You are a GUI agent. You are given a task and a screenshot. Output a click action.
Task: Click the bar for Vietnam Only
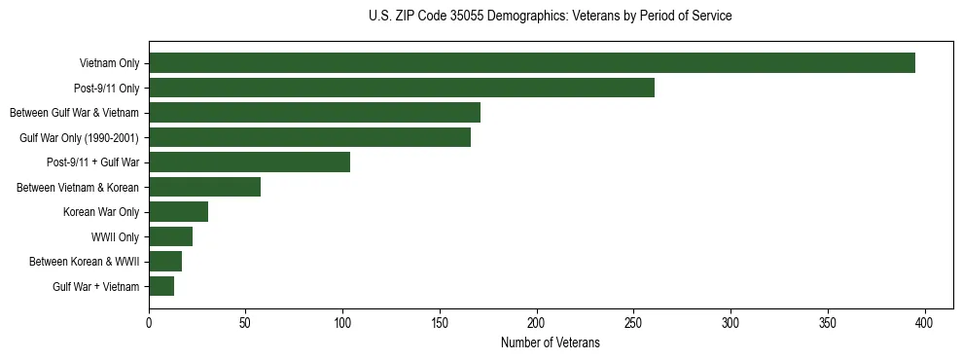tap(532, 63)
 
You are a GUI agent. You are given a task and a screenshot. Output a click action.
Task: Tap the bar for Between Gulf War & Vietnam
tap(314, 113)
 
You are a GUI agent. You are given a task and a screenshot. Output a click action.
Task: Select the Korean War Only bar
tap(178, 212)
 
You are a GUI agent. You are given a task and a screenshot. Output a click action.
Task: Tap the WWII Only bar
tap(170, 236)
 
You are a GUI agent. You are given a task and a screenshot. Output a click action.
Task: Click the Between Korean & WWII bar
tap(165, 261)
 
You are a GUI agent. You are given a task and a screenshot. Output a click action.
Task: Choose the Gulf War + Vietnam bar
tap(161, 286)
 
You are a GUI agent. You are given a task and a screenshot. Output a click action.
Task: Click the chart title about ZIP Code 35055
tap(550, 17)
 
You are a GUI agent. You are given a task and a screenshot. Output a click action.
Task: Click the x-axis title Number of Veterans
tap(550, 343)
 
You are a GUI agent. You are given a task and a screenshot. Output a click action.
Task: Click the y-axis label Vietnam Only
tap(109, 64)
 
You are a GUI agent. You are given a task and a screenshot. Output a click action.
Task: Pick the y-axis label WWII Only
tap(115, 237)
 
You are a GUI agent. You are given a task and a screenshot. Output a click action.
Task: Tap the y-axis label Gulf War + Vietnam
tap(95, 287)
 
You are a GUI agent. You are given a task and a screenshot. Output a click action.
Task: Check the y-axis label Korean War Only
tap(101, 212)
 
